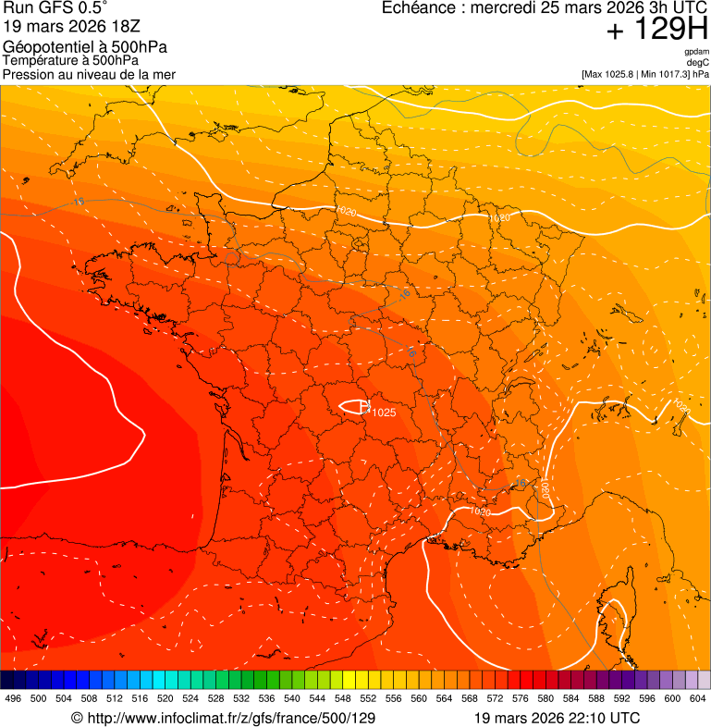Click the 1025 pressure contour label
click(384, 413)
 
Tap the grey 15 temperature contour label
click(79, 202)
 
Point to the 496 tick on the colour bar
click(13, 699)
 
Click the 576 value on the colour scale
click(521, 699)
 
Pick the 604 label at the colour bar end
click(698, 699)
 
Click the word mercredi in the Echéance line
click(506, 8)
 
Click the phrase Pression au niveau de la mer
click(89, 74)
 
